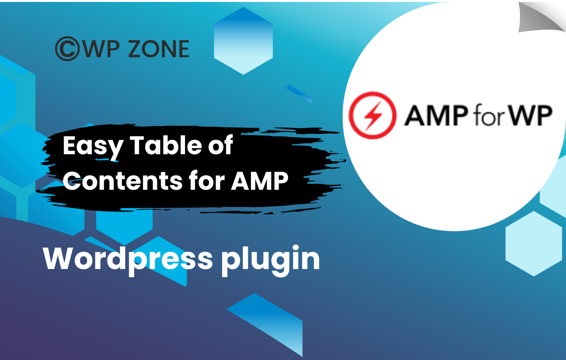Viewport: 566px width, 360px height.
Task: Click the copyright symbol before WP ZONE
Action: click(67, 49)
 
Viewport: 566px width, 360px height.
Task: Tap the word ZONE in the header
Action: click(159, 49)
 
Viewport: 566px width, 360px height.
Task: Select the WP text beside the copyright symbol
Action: click(100, 49)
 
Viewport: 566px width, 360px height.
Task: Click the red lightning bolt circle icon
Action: click(372, 115)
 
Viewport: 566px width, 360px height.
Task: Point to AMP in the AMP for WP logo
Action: click(436, 115)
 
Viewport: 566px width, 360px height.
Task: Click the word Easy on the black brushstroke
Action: click(93, 147)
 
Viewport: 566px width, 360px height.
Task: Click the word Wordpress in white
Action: click(128, 260)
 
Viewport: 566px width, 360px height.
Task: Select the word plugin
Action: click(271, 260)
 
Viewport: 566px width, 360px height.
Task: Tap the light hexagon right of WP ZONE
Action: click(243, 41)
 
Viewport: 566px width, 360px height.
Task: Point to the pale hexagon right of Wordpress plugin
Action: click(534, 244)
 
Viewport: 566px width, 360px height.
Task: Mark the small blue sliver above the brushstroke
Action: click(298, 94)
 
